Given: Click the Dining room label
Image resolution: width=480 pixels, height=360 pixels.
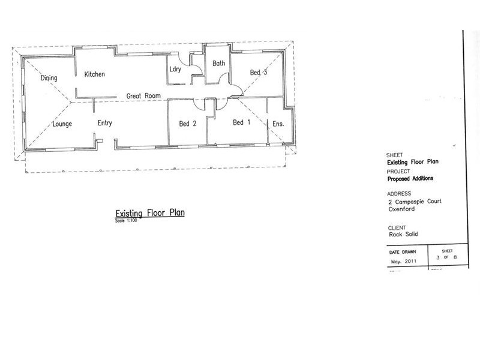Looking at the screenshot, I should pos(49,78).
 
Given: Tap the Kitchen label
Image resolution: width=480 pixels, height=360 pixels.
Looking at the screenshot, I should pos(94,74).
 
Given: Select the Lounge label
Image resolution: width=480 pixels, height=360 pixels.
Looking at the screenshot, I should pos(62,124).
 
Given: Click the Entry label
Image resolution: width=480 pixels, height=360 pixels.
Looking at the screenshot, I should pos(105,124).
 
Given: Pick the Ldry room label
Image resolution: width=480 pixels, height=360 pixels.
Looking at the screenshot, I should pos(175,69).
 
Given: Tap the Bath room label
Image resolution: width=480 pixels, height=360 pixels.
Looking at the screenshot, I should pos(218,63).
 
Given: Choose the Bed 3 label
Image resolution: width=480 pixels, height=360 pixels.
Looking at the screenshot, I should pos(258,73).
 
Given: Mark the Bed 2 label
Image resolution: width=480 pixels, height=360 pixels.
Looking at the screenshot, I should pos(188,124).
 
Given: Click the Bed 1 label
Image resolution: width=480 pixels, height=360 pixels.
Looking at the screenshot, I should pos(241,123).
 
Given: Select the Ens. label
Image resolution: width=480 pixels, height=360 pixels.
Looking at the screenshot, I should pos(278,124).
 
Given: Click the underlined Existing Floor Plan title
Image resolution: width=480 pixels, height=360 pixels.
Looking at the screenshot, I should pos(149,214).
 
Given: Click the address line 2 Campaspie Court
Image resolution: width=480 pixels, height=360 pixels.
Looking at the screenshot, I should pos(415,202).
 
